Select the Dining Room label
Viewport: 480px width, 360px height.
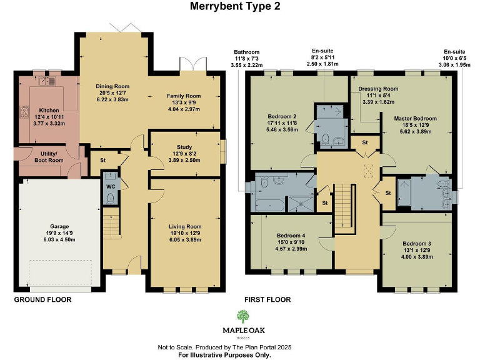[112, 86]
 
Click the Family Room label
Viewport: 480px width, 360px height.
[183, 96]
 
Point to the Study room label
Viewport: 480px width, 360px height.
[184, 147]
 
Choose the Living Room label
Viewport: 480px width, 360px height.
[184, 226]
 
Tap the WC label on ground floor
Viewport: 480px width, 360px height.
[110, 186]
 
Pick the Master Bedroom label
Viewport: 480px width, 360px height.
[415, 117]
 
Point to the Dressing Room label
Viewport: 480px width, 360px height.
[378, 89]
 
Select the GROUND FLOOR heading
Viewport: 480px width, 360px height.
[42, 299]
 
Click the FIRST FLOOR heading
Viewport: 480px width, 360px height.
[267, 299]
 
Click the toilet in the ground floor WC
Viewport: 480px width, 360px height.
[110, 199]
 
